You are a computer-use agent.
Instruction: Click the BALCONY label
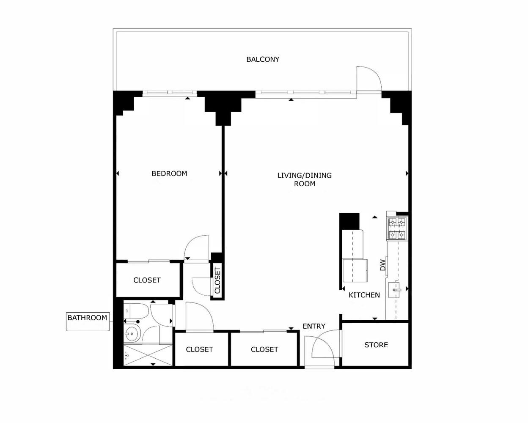point(263,59)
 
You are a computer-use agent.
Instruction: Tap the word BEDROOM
point(169,173)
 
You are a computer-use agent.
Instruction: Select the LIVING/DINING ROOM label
point(304,179)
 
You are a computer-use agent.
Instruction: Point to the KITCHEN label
point(364,295)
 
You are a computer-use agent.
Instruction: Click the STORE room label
point(376,345)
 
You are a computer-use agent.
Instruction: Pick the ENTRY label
point(314,326)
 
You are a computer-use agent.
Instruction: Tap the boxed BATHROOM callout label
point(87,318)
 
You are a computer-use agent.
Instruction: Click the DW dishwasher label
point(383,265)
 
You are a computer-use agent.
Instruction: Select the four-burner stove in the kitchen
point(397,228)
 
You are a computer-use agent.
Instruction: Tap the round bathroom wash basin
point(132,334)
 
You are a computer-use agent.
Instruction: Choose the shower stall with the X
point(148,356)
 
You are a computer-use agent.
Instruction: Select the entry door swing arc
point(324,345)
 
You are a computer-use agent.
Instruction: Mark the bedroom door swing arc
point(197,247)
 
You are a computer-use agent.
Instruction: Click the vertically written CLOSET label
point(217,280)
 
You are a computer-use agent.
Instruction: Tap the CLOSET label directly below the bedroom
point(147,280)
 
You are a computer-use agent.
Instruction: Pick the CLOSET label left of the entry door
point(264,349)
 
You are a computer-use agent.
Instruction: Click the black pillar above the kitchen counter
point(349,221)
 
